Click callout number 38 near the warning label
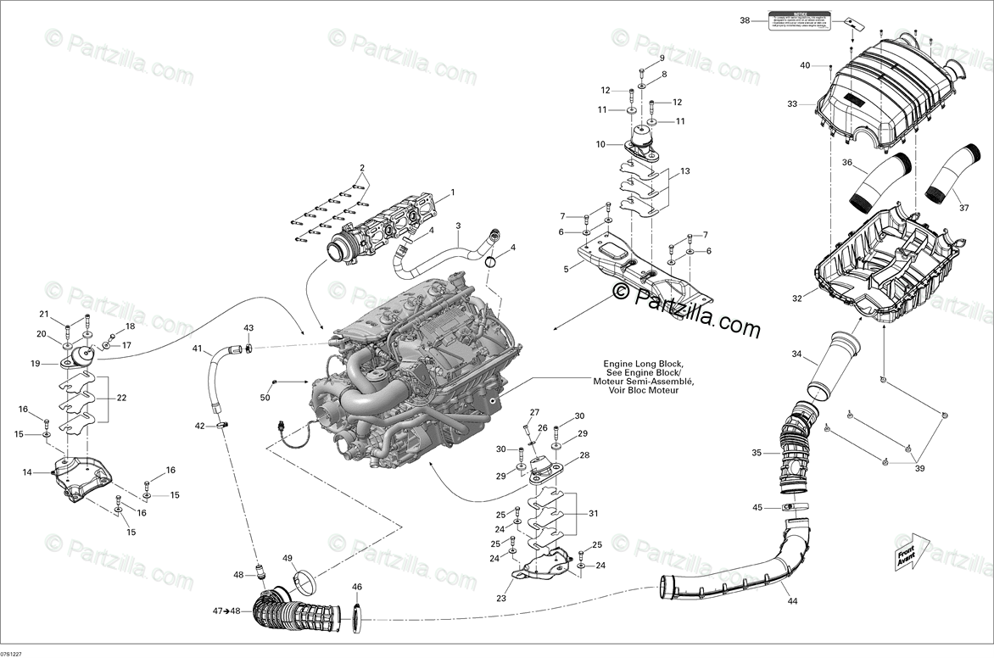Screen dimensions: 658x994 (x=745, y=20)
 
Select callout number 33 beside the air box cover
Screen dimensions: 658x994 (x=792, y=104)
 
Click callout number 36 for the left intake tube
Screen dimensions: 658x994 (x=846, y=163)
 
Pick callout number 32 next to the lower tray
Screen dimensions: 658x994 (x=796, y=298)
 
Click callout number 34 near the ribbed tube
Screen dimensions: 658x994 (x=796, y=354)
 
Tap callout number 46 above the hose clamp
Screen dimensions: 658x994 (x=357, y=587)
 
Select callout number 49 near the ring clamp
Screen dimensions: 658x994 (x=288, y=558)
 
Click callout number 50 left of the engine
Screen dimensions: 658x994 (x=265, y=398)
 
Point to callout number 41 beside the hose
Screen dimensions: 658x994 (x=197, y=349)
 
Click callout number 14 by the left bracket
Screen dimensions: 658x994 (x=27, y=472)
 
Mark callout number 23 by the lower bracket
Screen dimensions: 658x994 (x=501, y=599)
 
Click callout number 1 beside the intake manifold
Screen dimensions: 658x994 (x=453, y=192)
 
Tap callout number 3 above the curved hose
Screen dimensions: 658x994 (x=458, y=226)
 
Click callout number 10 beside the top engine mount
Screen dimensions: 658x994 (x=601, y=144)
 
